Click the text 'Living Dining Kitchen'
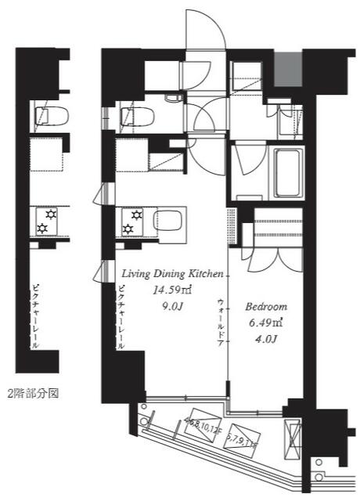(x=173, y=273)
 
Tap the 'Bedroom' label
(x=266, y=306)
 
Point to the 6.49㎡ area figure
(x=265, y=321)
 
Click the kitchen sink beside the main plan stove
(x=166, y=218)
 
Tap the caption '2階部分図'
(x=32, y=392)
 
